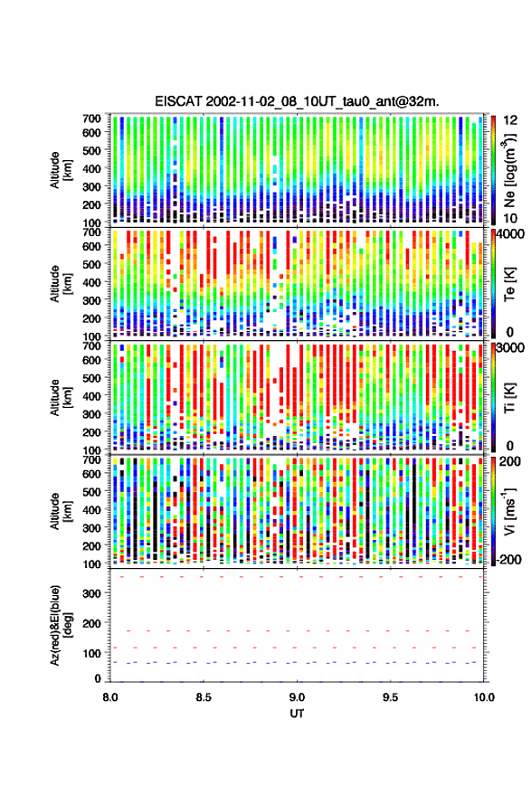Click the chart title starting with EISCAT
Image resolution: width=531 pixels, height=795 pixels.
(297, 101)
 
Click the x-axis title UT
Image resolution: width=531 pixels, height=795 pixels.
(297, 714)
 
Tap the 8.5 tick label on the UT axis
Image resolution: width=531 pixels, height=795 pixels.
(204, 697)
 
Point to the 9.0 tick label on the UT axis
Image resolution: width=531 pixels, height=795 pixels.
(297, 697)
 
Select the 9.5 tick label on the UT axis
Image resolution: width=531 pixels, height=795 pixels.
(390, 697)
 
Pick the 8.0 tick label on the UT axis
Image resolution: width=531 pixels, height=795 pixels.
(110, 697)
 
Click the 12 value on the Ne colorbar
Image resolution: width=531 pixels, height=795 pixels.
(510, 120)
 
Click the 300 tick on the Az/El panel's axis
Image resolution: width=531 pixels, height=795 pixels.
(91, 593)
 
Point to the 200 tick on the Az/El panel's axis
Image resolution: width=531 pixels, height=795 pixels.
(91, 624)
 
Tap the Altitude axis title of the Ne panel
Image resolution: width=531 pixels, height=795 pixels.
(61, 170)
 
